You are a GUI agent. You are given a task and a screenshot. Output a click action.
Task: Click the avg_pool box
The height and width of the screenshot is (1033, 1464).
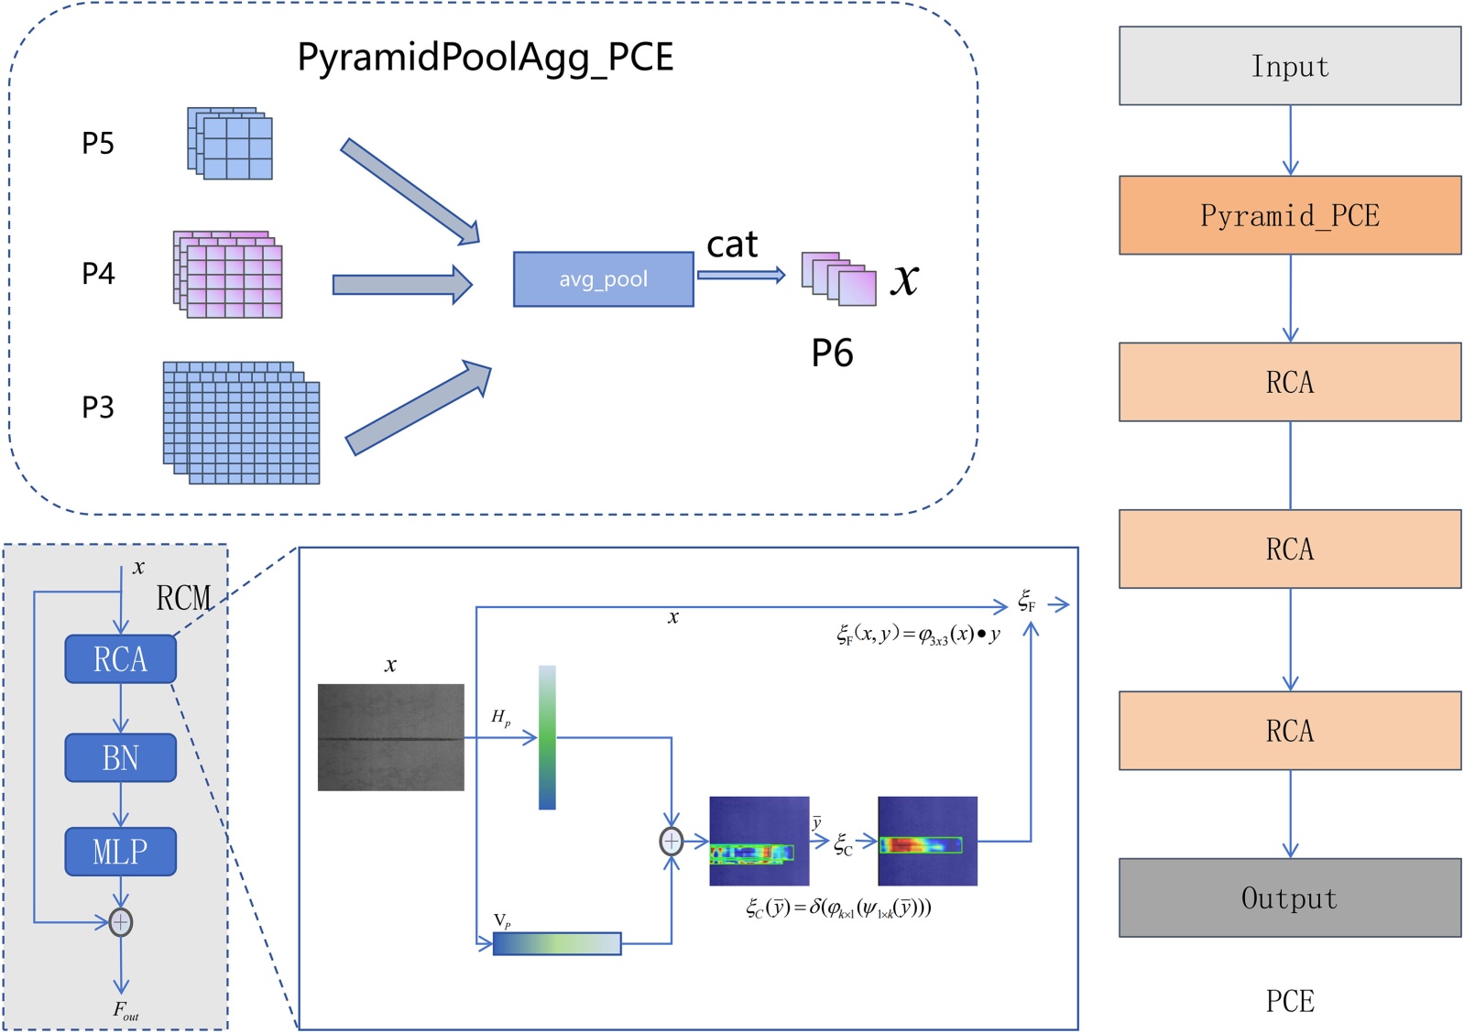[x=603, y=279]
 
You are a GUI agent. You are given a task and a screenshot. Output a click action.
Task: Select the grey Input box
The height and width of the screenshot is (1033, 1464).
[x=1289, y=66]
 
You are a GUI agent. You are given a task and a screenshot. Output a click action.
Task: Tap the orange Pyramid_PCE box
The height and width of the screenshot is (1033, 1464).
[x=1289, y=215]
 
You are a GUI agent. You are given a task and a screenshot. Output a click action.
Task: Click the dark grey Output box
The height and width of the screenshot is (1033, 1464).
[x=1289, y=897]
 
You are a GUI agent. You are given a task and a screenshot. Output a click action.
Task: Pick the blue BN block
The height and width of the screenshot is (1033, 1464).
[x=120, y=757]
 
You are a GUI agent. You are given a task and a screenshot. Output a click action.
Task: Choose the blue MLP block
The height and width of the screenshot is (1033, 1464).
[x=120, y=852]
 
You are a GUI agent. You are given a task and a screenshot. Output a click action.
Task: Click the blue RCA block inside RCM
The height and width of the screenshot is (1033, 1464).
[x=120, y=659]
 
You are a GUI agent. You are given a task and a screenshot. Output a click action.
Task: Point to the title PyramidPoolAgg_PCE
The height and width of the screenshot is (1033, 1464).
[x=485, y=57]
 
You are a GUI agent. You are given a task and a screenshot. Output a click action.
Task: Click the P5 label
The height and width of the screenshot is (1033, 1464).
[x=98, y=144]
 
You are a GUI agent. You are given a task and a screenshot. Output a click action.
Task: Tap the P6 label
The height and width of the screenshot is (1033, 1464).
[x=832, y=353]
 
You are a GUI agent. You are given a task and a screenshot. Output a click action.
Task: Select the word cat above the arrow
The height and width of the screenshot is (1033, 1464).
[x=732, y=245]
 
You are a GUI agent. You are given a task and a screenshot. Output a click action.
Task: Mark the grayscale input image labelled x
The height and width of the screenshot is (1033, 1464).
[x=390, y=737]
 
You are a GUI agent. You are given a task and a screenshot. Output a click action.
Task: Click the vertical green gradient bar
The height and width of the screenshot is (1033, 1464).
[x=547, y=737]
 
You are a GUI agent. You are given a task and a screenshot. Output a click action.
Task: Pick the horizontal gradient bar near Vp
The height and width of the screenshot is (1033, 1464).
[x=556, y=943]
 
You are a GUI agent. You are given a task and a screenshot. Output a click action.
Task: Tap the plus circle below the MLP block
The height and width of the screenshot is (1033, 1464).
[x=120, y=922]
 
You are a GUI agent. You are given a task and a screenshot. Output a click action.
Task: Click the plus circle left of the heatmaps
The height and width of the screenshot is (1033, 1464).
[x=672, y=841]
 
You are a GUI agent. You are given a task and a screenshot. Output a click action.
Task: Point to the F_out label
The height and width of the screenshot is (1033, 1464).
[x=126, y=1010]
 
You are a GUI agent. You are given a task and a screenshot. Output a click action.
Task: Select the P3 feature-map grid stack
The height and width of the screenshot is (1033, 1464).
[x=242, y=423]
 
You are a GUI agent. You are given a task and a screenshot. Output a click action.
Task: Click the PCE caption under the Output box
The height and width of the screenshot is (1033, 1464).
[x=1289, y=1001]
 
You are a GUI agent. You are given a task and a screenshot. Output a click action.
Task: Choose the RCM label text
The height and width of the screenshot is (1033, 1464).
[x=183, y=599]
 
